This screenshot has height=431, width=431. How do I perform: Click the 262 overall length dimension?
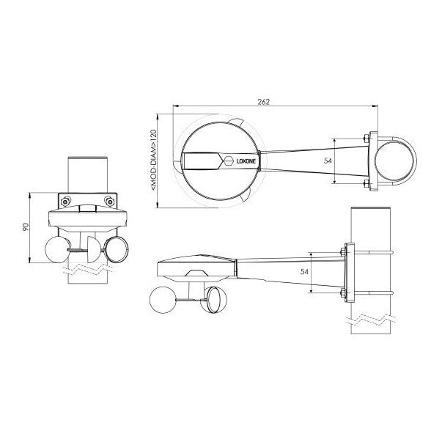pyautogui.click(x=264, y=103)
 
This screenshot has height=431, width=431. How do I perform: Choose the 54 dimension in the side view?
pyautogui.click(x=303, y=272)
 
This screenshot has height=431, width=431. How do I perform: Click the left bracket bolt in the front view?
pyautogui.click(x=67, y=201)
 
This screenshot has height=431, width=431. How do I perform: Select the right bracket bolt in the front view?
pyautogui.click(x=109, y=201)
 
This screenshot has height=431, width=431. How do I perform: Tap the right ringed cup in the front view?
pyautogui.click(x=118, y=249)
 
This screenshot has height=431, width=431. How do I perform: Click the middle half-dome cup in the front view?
pyautogui.click(x=91, y=246)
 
